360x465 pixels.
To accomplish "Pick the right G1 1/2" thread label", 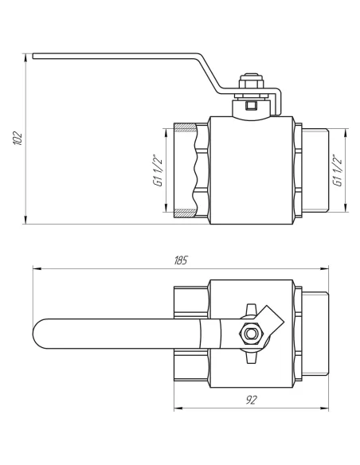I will point(338,170).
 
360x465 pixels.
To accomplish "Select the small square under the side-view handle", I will point(252,104).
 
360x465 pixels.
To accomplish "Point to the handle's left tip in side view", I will point(35,56).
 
